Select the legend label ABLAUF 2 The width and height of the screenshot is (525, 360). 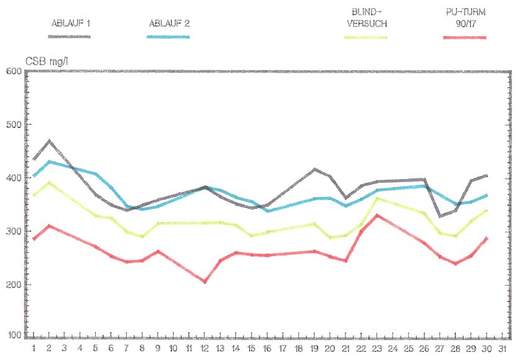tap(170, 23)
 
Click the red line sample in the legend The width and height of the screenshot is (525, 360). tap(464, 37)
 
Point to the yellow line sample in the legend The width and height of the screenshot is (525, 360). tap(366, 37)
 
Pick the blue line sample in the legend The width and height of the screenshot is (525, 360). tap(168, 37)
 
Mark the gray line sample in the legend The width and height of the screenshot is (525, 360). tap(70, 37)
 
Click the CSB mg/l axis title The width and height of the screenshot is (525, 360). tap(47, 62)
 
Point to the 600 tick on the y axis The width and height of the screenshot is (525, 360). tap(14, 71)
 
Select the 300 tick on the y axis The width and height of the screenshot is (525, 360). tap(14, 231)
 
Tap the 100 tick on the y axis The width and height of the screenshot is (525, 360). tap(14, 335)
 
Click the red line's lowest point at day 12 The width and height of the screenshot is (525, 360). tap(205, 282)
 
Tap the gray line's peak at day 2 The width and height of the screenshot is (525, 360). tap(49, 141)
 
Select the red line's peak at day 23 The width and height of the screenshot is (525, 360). tap(378, 215)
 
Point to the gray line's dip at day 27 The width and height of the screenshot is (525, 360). tap(440, 216)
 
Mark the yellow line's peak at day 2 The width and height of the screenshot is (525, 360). tap(49, 182)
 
